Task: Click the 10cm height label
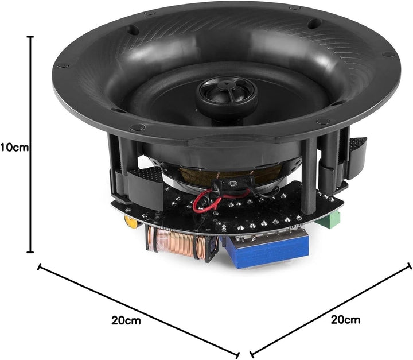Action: (x=14, y=148)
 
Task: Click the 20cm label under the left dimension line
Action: (x=126, y=320)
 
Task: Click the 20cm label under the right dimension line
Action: (x=345, y=320)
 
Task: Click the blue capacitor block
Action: (x=267, y=251)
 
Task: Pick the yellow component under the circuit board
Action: (x=131, y=222)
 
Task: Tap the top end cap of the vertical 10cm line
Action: (x=30, y=37)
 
